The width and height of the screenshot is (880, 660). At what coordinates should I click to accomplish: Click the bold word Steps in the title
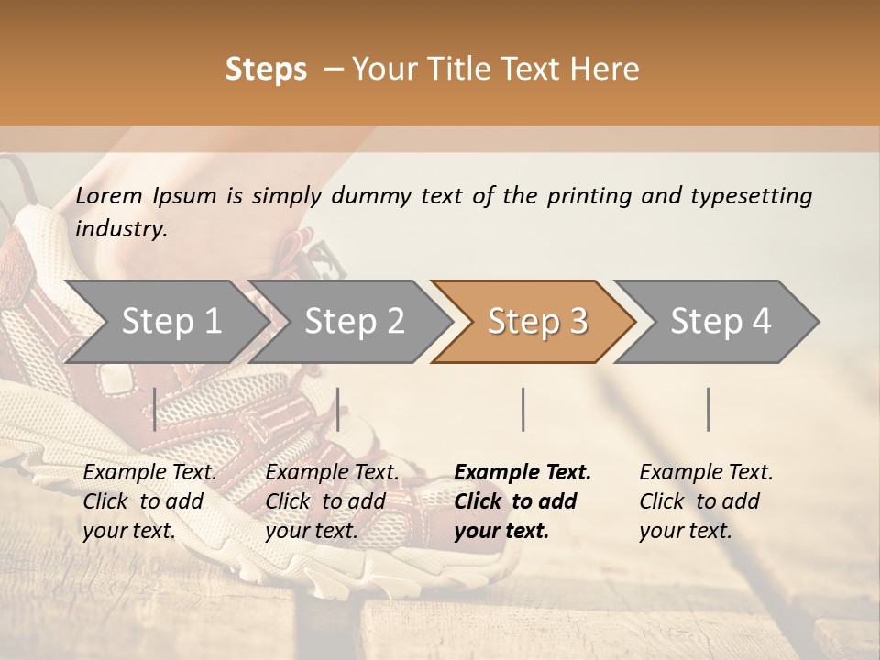(x=266, y=70)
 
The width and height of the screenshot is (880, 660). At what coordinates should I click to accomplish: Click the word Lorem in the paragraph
(x=108, y=196)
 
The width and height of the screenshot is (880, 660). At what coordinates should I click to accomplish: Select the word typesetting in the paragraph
(x=751, y=196)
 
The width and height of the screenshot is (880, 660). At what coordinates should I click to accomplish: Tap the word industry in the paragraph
(x=120, y=229)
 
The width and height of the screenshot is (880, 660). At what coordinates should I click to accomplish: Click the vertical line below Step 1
(x=155, y=409)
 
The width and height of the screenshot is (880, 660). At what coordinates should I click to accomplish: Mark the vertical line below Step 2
(x=338, y=409)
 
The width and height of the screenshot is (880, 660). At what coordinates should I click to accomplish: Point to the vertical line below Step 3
(x=523, y=409)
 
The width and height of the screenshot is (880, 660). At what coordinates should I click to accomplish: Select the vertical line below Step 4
(x=708, y=409)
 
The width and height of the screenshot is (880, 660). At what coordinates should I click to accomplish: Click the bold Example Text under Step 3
(x=522, y=473)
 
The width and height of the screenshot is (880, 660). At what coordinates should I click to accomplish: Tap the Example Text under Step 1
(x=149, y=473)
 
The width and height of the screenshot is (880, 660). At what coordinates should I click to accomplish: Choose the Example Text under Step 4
(x=706, y=473)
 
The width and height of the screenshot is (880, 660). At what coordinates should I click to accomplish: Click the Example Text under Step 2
(x=332, y=473)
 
